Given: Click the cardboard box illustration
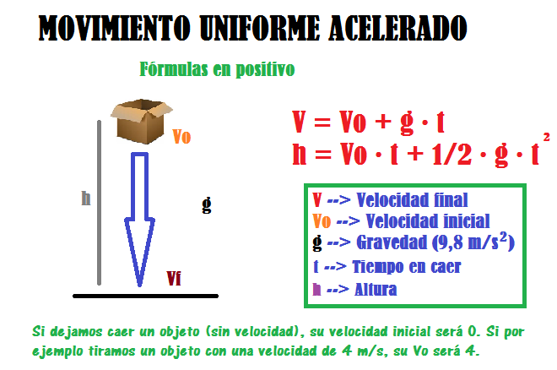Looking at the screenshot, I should (x=142, y=122).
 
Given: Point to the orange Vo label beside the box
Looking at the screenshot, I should (x=181, y=136).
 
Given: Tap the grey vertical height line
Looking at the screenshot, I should (x=100, y=203).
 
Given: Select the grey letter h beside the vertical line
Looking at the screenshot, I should (x=85, y=198).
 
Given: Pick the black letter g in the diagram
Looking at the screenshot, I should (x=207, y=204).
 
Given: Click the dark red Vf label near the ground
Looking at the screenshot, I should (x=174, y=278).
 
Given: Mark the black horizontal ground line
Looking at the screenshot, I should (x=145, y=296).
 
